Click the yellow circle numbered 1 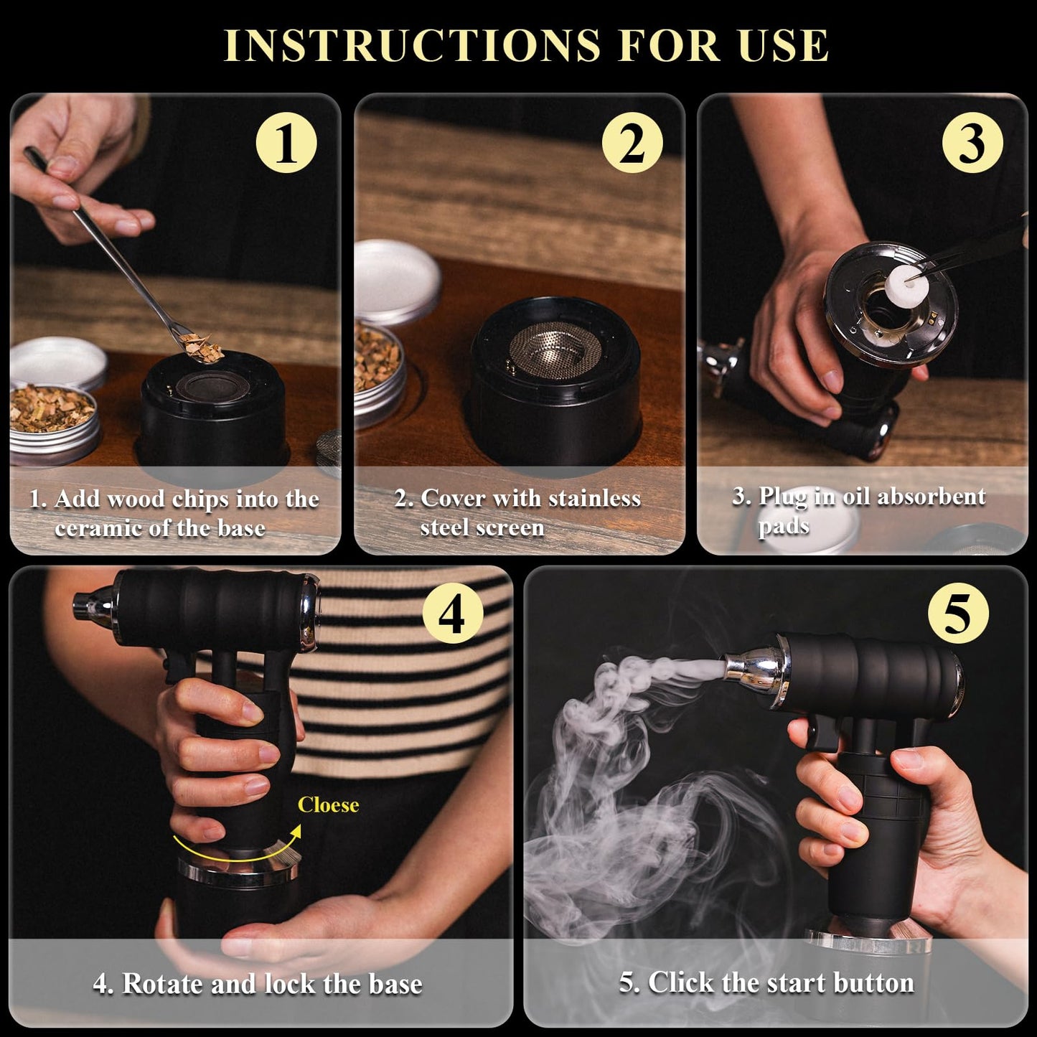point(286,143)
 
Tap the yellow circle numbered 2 point(632,143)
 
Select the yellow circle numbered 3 point(972,143)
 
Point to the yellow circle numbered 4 point(452,614)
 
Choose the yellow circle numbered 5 point(958,614)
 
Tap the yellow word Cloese point(328,805)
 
